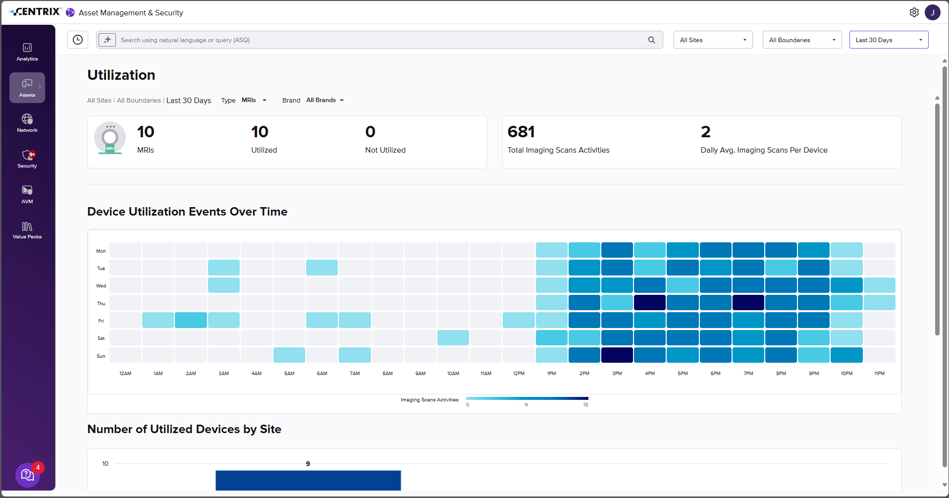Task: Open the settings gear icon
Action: [914, 12]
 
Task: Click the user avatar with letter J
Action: [933, 12]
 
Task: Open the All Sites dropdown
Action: [713, 40]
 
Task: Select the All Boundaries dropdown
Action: [802, 40]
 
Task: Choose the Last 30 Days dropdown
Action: [889, 40]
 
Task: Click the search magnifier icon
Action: [652, 40]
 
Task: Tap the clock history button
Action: [78, 40]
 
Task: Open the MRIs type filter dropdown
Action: [254, 100]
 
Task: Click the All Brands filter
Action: [325, 100]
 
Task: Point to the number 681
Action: [521, 132]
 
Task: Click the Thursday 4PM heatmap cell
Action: [650, 303]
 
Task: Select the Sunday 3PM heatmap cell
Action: [617, 355]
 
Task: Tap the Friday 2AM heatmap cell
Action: [191, 320]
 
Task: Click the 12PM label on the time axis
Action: [519, 374]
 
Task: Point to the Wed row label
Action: [101, 286]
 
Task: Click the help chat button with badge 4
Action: [28, 475]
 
